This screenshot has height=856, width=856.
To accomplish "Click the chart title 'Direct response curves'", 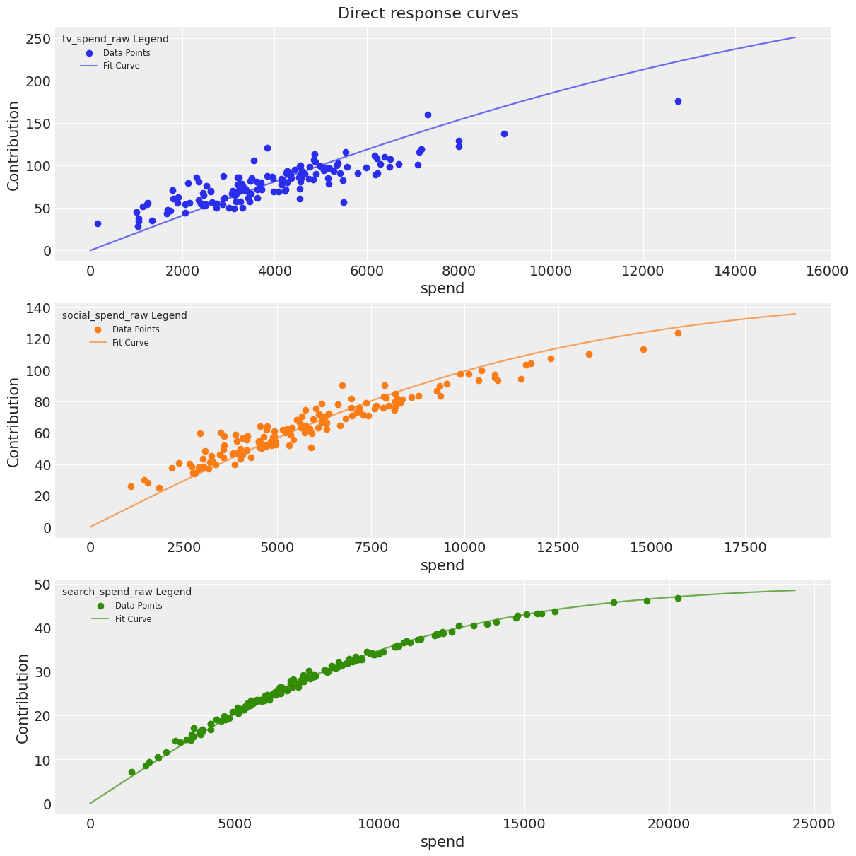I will pyautogui.click(x=428, y=13).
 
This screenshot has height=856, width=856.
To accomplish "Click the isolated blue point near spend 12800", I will pyautogui.click(x=678, y=101).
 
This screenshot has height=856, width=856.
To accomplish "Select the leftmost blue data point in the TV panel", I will pyautogui.click(x=98, y=223).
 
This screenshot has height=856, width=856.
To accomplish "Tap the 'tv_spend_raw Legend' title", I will pyautogui.click(x=115, y=40).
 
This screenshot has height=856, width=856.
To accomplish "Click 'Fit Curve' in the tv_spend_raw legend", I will pyautogui.click(x=121, y=66).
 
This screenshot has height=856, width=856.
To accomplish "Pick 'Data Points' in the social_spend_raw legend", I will pyautogui.click(x=136, y=329).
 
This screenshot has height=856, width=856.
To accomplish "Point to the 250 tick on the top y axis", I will pyautogui.click(x=37, y=39).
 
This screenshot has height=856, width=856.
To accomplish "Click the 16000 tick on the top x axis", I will pyautogui.click(x=826, y=271).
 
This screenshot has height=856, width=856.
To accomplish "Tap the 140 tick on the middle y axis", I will pyautogui.click(x=37, y=308).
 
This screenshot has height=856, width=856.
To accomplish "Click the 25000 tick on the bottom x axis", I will pyautogui.click(x=814, y=824).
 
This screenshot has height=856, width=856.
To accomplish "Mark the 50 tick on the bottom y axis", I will pyautogui.click(x=41, y=584).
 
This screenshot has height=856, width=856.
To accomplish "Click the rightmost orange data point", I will pyautogui.click(x=678, y=333).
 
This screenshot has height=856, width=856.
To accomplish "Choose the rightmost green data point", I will pyautogui.click(x=678, y=598).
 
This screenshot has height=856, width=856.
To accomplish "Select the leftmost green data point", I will pyautogui.click(x=131, y=773).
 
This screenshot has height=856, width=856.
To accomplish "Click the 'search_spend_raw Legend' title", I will pyautogui.click(x=127, y=592).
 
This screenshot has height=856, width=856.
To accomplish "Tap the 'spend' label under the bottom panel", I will pyautogui.click(x=442, y=842).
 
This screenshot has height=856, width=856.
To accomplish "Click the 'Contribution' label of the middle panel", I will pyautogui.click(x=13, y=421).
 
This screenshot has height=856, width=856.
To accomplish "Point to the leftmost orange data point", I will pyautogui.click(x=131, y=486).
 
